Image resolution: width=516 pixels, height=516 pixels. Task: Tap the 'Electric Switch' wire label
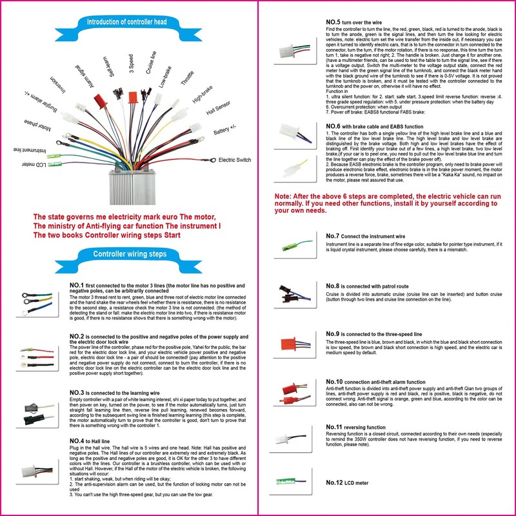236,159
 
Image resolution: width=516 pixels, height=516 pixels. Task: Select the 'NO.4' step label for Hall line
77,441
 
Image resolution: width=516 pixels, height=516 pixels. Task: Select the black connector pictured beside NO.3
34,412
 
